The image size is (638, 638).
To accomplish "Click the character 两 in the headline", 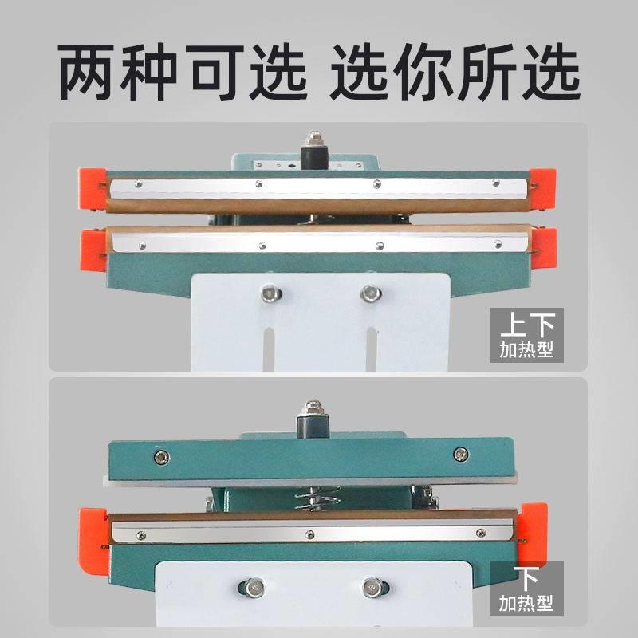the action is tap(86, 72).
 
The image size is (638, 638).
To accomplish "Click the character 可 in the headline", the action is tap(215, 72).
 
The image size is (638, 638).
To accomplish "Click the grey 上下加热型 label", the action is tap(526, 335).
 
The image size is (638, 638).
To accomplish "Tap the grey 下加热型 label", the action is tap(526, 589).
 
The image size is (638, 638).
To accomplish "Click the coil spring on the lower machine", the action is tap(317, 498).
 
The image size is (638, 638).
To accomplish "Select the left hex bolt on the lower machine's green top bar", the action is tap(162, 457).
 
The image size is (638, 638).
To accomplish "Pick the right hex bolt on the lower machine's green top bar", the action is tap(461, 454).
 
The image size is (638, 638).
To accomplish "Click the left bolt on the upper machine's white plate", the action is tap(271, 293).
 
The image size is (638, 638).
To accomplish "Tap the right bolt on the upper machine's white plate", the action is tap(371, 293).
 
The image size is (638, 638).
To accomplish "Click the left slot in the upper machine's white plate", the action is tap(268, 349).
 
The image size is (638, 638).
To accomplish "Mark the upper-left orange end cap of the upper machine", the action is tap(93, 189).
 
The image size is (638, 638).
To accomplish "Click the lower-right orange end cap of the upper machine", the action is tap(543, 248).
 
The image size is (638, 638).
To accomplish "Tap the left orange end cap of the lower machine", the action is tap(93, 542).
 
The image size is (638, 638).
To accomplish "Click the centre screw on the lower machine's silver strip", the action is tap(310, 534).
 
